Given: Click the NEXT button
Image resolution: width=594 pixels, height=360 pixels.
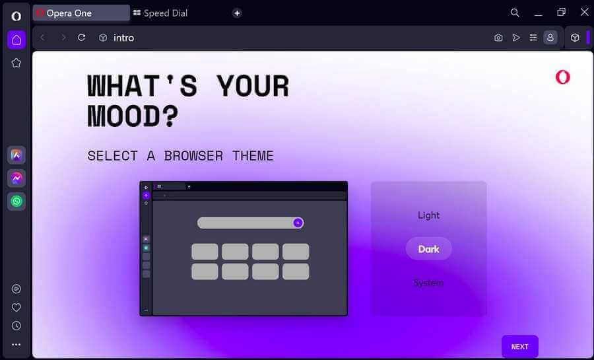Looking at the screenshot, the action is coord(520,346).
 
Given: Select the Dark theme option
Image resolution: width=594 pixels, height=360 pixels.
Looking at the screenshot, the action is coord(428,249).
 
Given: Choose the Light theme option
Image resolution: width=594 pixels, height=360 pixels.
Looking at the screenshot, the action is coord(428,215).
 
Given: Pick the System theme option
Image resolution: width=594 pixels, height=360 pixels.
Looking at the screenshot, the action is coord(428,283).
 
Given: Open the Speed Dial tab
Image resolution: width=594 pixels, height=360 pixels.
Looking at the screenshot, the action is coord(160,13).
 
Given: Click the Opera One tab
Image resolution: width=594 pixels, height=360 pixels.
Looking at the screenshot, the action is coord(81,13).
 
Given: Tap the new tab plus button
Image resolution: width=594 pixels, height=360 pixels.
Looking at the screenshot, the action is coord(237,13).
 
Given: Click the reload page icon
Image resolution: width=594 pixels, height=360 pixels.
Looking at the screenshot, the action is coord(81,38).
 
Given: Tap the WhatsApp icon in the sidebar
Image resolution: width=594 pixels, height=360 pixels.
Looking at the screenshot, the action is coord(16,201).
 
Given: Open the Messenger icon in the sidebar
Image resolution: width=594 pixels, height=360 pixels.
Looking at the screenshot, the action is coord(16,178).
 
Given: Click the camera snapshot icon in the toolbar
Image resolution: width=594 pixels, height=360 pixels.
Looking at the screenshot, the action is coord(498,38).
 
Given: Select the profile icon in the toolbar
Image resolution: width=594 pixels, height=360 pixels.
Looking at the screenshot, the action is coord(550,38).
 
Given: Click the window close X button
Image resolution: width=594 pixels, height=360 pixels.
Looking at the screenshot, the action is coord(585,12).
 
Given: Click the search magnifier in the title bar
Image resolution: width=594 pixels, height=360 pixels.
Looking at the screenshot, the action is coord(515,13).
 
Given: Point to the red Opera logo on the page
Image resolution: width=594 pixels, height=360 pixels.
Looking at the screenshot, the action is coord(562,77).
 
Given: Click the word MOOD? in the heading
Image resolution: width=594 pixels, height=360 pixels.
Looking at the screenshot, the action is coord(133,116).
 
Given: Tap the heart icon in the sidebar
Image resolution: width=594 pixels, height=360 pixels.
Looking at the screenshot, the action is coord(16,307).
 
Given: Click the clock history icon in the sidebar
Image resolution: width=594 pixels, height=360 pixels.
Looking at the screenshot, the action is coord(16,326).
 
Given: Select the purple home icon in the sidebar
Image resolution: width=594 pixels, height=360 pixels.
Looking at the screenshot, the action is coord(16,40).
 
